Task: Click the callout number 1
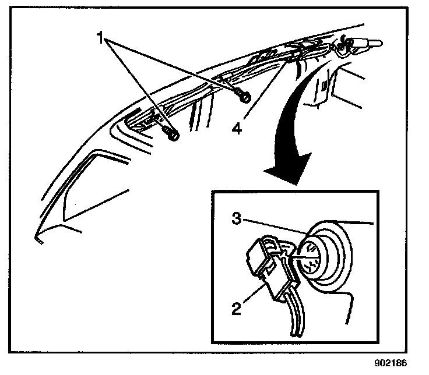[101, 38]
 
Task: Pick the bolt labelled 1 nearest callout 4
[244, 96]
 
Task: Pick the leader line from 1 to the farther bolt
[137, 87]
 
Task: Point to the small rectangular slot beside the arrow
[322, 85]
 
